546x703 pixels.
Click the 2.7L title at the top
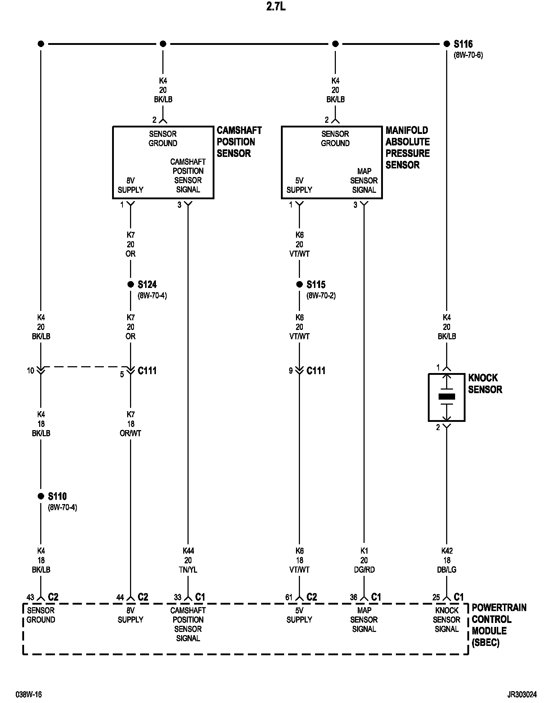pos(276,7)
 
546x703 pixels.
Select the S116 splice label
pos(463,44)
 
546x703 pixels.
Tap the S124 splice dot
pos(130,284)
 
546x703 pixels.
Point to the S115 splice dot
pos(299,284)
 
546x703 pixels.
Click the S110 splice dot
pos(41,496)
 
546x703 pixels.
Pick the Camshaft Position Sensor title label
pos(239,142)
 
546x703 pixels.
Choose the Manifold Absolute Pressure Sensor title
pos(407,148)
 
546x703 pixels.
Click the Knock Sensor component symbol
pos(446,397)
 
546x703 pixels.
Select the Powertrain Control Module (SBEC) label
pos(499,625)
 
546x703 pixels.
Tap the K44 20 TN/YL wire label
pos(188,560)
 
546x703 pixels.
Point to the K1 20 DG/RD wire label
pos(364,560)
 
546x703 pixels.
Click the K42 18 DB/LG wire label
pos(446,560)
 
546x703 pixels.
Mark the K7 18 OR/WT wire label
pos(130,424)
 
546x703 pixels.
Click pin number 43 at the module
pos(30,597)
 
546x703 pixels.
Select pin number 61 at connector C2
pos(289,597)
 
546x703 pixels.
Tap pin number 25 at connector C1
pos(436,597)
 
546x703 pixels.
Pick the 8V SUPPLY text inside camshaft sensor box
pos(130,185)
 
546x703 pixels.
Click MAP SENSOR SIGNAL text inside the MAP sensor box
pos(364,180)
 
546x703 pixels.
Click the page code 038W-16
pos(29,694)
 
